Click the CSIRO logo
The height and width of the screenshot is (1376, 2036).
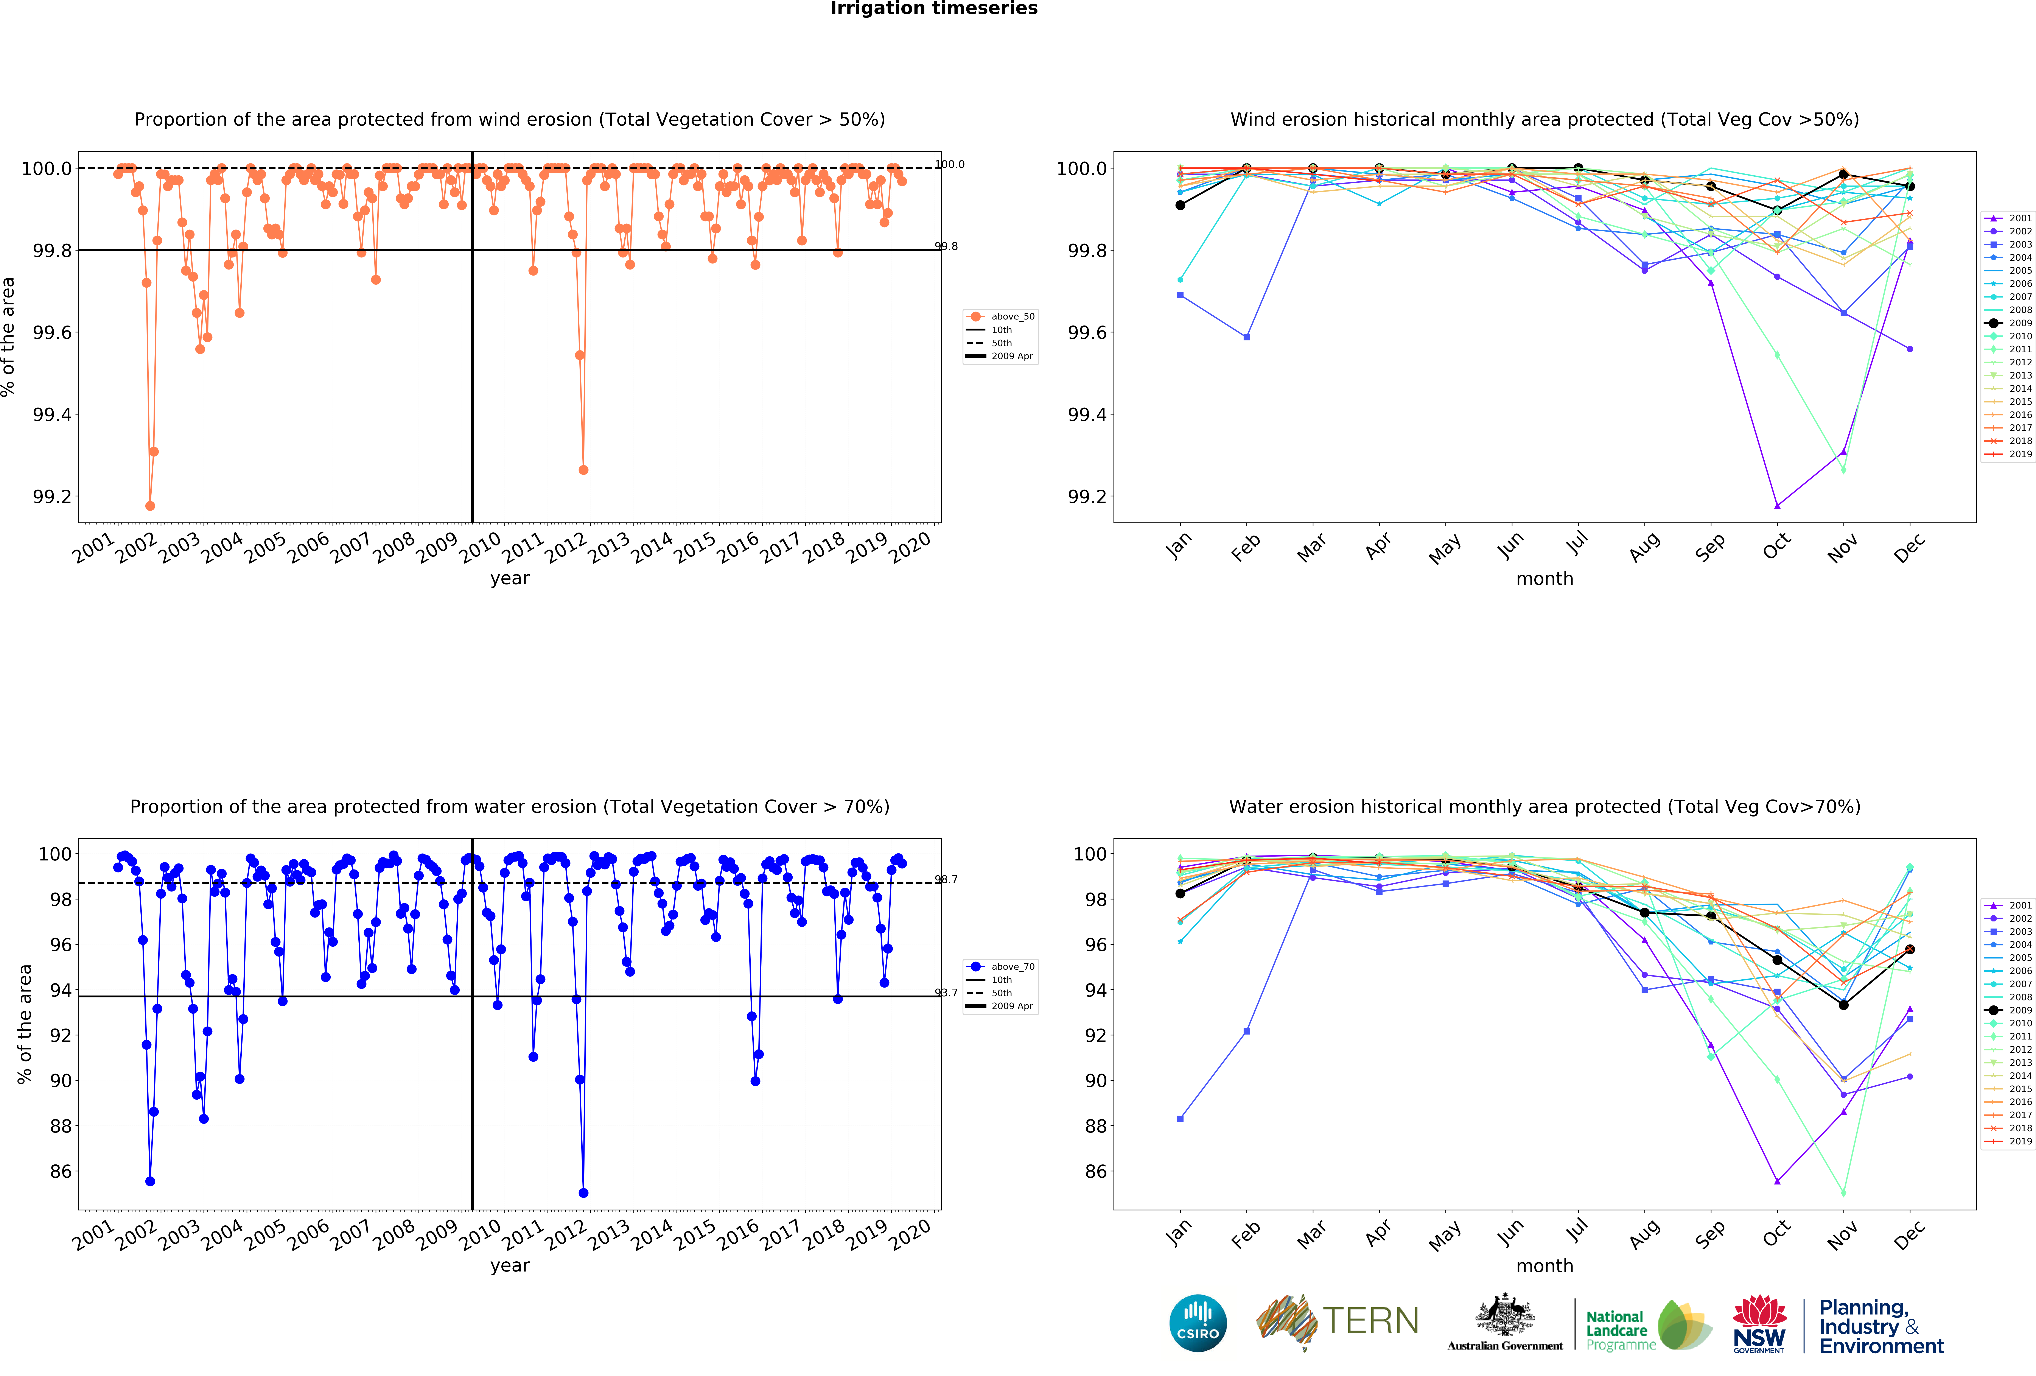pyautogui.click(x=1198, y=1323)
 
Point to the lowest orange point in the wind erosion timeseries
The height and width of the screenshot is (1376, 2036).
pyautogui.click(x=150, y=506)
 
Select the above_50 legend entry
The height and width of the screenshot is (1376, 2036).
pyautogui.click(x=1001, y=316)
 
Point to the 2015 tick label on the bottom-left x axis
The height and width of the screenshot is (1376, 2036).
pyautogui.click(x=696, y=1234)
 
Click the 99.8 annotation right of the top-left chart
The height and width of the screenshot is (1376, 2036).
pyautogui.click(x=946, y=246)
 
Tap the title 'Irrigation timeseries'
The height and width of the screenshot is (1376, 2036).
pyautogui.click(x=934, y=9)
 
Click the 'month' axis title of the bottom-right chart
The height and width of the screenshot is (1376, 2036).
pyautogui.click(x=1544, y=1265)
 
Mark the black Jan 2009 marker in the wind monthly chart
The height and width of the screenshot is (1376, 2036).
pyautogui.click(x=1180, y=205)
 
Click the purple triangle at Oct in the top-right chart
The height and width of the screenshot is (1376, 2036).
pyautogui.click(x=1777, y=506)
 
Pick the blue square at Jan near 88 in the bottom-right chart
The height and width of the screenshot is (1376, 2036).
pyautogui.click(x=1180, y=1118)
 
